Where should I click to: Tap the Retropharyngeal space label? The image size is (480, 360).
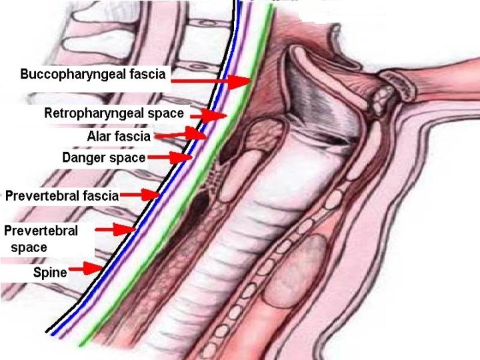coord(114,113)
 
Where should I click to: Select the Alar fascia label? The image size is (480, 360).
coord(119,137)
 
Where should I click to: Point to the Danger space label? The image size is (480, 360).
coord(103,158)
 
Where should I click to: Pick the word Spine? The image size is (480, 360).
coord(50,273)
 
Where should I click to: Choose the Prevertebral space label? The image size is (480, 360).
coord(41,239)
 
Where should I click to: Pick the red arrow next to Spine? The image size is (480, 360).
coord(87,269)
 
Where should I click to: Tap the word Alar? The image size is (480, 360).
coord(99,137)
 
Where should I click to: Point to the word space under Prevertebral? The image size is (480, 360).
coord(29,247)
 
